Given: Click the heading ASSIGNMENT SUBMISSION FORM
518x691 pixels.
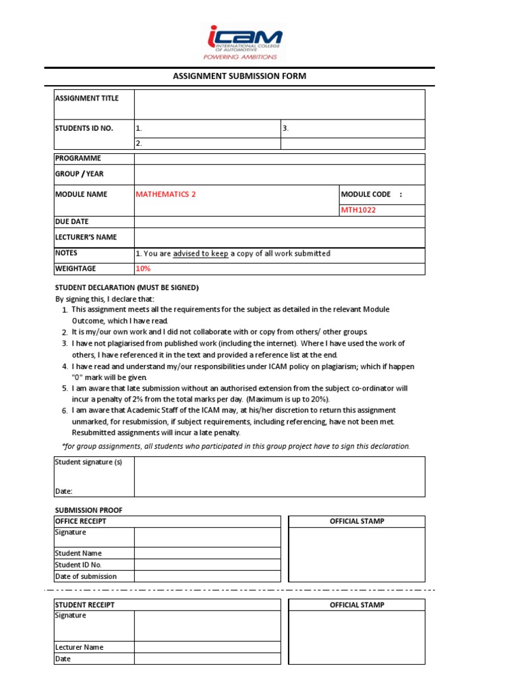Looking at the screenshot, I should [239, 76].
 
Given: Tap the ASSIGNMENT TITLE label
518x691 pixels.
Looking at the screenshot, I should [86, 99].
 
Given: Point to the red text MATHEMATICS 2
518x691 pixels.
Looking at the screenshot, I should [166, 194].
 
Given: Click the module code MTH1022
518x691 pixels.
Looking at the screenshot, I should [359, 210].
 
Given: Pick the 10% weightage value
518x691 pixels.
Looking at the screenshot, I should [143, 269].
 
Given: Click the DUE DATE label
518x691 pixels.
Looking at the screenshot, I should [71, 221].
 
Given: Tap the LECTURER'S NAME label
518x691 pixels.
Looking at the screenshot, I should [86, 238].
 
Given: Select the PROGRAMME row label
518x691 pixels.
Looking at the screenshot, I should [78, 158].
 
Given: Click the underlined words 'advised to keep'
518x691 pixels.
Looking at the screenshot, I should [200, 254].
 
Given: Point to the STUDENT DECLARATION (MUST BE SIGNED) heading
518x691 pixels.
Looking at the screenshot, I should [126, 287].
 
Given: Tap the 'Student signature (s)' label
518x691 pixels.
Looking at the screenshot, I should [88, 462].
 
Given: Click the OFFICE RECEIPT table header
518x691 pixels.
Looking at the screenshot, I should [80, 521].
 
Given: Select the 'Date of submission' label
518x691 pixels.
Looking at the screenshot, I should [86, 576].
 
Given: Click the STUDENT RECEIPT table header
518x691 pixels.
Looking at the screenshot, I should [84, 605].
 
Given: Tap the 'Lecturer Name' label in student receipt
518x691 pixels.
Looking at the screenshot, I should [79, 647].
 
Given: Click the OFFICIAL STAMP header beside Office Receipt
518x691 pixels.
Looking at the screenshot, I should [357, 521].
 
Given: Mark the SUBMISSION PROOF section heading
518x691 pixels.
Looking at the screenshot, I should [88, 510].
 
